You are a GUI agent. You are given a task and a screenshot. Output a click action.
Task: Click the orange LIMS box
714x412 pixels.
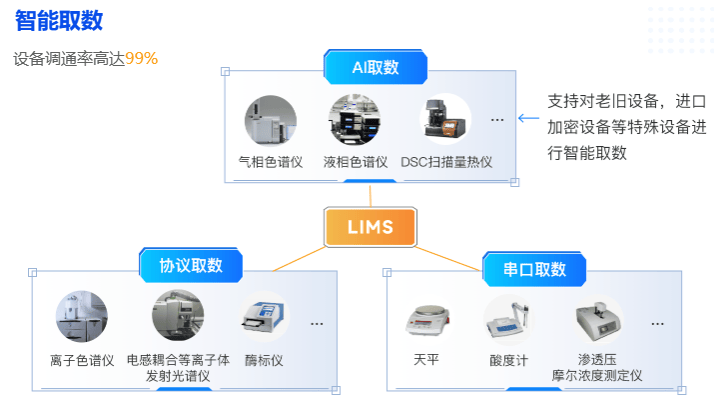(371, 228)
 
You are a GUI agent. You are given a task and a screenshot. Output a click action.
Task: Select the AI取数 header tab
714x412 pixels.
(375, 67)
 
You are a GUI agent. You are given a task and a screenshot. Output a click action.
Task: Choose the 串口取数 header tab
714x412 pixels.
(534, 269)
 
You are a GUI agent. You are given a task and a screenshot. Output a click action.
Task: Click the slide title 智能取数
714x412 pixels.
(59, 21)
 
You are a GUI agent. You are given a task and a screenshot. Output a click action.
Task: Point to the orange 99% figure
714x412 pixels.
(142, 58)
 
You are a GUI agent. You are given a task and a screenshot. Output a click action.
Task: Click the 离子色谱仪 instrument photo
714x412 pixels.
(81, 317)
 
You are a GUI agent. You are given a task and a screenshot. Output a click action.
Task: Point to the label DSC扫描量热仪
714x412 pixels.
(446, 162)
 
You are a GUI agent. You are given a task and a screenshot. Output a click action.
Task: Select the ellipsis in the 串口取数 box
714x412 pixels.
(658, 324)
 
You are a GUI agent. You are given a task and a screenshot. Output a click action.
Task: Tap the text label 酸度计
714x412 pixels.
(508, 360)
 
